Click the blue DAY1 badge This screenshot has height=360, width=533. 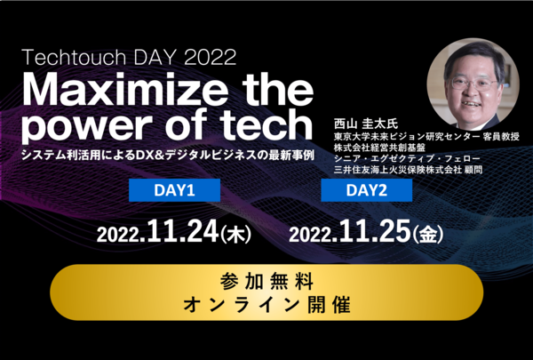tap(174, 190)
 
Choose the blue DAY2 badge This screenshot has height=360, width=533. tap(366, 190)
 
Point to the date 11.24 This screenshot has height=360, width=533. tap(182, 231)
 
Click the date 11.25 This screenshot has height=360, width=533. tap(375, 231)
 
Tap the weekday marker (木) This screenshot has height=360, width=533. tap(236, 236)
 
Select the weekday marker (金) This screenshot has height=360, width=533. tap(428, 236)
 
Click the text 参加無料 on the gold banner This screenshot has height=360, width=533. tap(266, 282)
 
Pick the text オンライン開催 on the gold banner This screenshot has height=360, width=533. tap(266, 305)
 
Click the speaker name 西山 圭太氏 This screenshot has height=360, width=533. tap(366, 124)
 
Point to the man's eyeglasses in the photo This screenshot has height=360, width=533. tap(473, 84)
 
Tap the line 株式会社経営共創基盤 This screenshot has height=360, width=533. tap(379, 148)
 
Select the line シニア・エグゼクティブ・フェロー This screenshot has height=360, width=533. tap(407, 158)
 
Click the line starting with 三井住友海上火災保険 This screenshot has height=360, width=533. tap(408, 170)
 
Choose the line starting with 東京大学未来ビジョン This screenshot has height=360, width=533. tap(426, 137)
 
